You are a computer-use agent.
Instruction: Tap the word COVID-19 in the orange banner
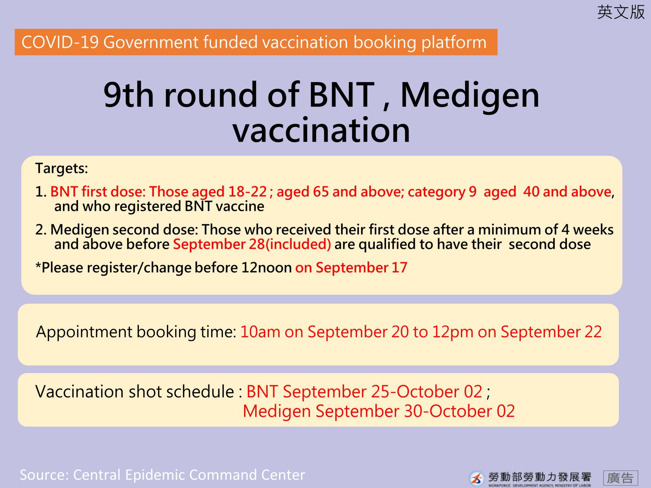(60, 42)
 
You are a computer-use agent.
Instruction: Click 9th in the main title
(129, 94)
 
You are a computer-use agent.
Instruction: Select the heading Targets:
(62, 168)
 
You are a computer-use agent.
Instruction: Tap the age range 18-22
(248, 192)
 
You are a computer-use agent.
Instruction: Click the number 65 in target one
(321, 192)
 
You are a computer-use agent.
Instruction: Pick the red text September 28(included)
(252, 244)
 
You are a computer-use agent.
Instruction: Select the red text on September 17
(351, 268)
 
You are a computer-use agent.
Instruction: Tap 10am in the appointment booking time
(260, 332)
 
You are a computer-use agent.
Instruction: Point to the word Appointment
(84, 332)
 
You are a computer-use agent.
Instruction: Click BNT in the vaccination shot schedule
(262, 391)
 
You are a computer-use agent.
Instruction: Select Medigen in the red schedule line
(277, 411)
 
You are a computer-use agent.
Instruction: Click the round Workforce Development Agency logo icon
(476, 478)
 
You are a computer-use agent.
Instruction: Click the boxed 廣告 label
(620, 478)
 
